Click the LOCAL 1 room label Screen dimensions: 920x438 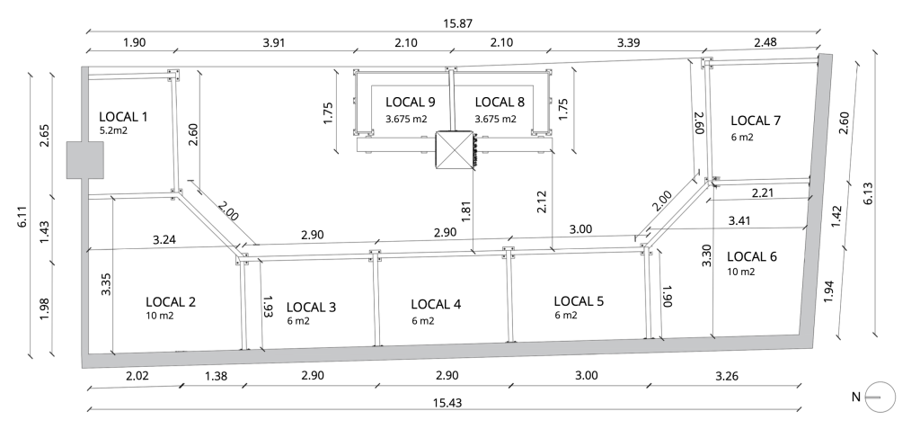coord(123,117)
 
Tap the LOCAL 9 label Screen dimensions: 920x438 coord(410,103)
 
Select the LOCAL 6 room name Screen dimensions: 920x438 coord(752,256)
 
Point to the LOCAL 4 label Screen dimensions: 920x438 coord(436,304)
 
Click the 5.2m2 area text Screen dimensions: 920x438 coord(114,130)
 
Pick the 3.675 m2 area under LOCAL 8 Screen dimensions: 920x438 coord(496,119)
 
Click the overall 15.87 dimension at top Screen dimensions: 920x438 coord(457,23)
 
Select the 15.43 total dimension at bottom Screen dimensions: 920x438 coord(447,403)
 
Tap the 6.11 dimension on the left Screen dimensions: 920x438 coord(22,216)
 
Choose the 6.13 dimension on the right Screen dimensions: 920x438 coord(868,193)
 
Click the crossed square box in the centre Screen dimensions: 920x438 coord(454,149)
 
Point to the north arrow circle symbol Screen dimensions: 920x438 coord(880,397)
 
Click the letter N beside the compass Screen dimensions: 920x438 coord(856,397)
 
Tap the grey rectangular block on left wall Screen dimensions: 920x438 coord(85,160)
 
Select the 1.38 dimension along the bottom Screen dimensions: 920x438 coord(216,376)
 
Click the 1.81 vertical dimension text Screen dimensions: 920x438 coord(466,212)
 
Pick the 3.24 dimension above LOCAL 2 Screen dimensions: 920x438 coord(164,239)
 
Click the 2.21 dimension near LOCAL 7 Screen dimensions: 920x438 coord(762,192)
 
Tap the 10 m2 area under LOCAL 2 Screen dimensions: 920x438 coord(160,316)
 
